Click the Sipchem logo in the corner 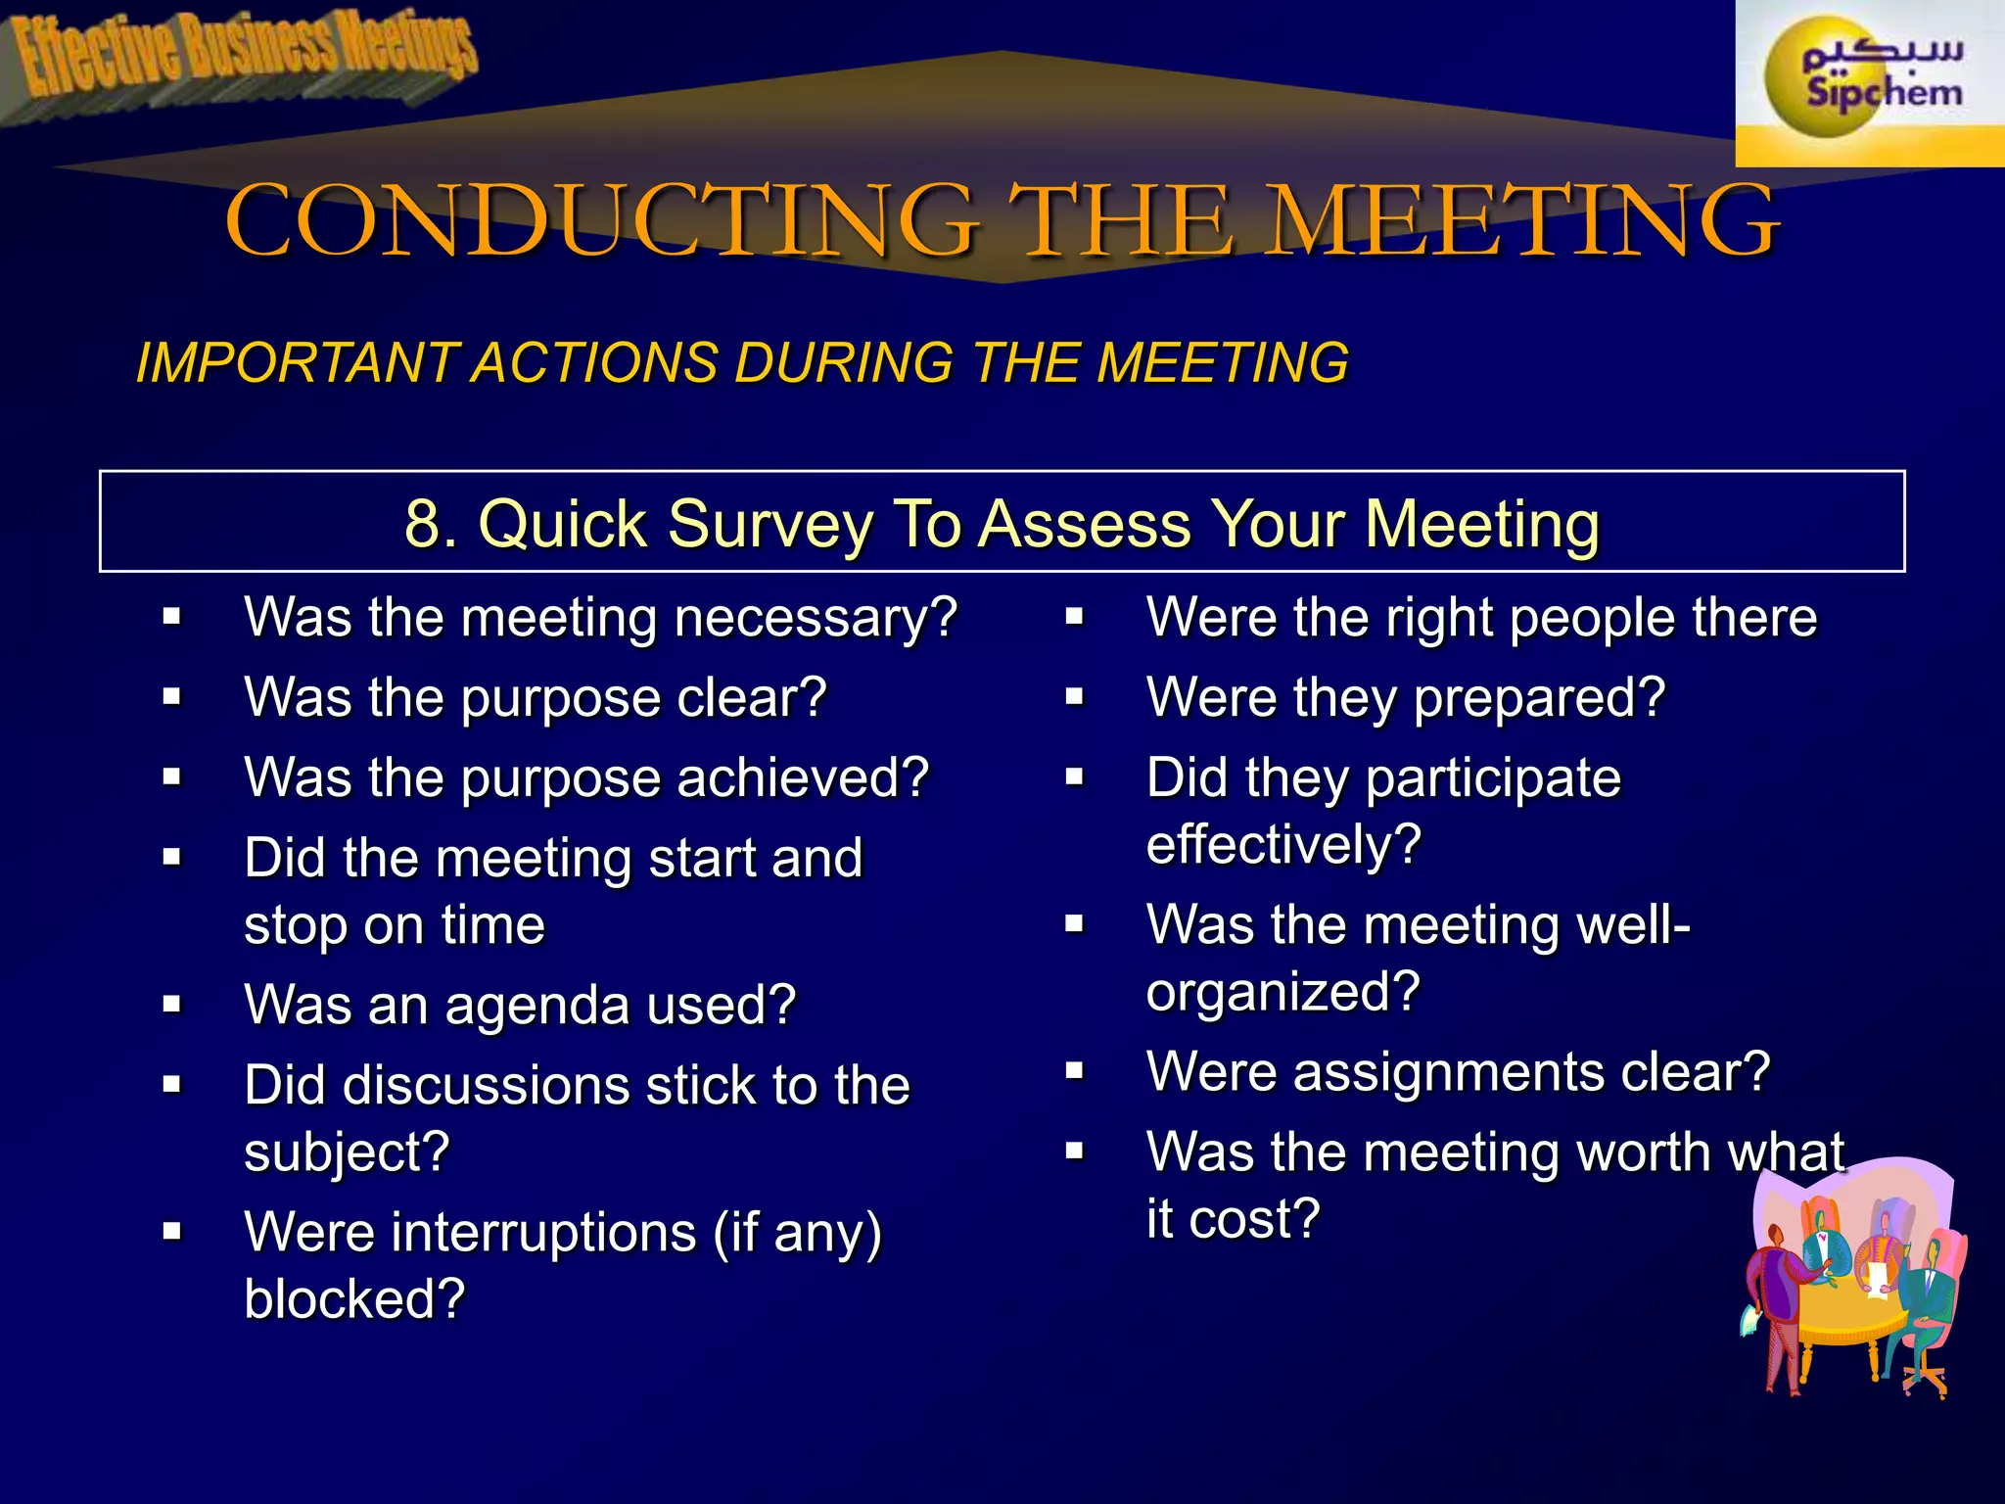1870,82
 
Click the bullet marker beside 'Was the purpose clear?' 172,697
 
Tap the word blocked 352,1299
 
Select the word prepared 1537,698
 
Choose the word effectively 1282,844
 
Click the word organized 1282,992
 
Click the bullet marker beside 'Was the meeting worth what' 1075,1151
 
